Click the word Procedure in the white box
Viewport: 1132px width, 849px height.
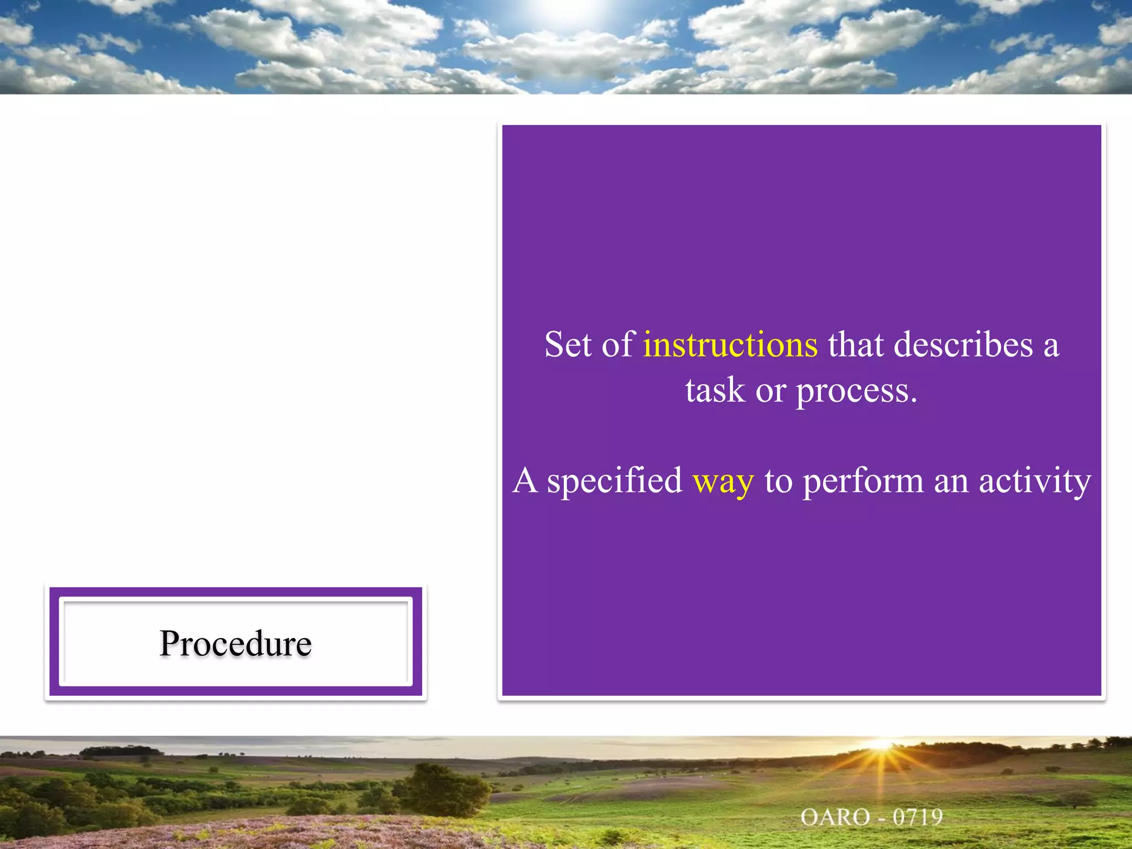(235, 643)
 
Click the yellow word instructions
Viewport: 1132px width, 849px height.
(730, 344)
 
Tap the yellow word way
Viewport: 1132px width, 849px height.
(723, 481)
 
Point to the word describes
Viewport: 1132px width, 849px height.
(963, 344)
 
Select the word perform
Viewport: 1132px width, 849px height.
(863, 481)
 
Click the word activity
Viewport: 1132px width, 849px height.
(1035, 481)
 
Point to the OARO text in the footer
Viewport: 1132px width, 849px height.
(835, 817)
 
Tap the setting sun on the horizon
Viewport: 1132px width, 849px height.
(882, 746)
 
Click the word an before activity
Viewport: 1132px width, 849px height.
(951, 481)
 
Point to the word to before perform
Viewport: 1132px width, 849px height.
(778, 481)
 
